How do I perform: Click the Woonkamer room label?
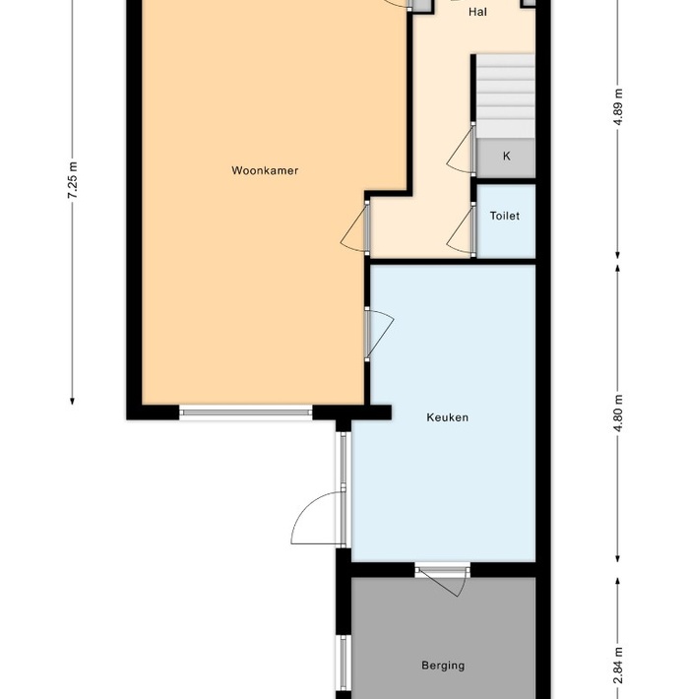[265, 170]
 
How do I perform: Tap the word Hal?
[478, 12]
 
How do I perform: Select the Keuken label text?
[447, 416]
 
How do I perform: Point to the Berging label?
[443, 666]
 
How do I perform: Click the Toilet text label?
[505, 216]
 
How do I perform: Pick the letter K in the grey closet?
[507, 157]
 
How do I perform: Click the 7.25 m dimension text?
[72, 180]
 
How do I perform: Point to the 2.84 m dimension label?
[618, 666]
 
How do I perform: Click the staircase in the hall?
[504, 96]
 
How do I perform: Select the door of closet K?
[461, 153]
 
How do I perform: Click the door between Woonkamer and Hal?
[355, 228]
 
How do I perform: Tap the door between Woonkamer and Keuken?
[379, 332]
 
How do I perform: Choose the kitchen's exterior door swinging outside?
[317, 519]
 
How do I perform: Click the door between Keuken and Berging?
[443, 580]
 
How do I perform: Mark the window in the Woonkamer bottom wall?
[246, 413]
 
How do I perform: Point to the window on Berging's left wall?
[343, 662]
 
